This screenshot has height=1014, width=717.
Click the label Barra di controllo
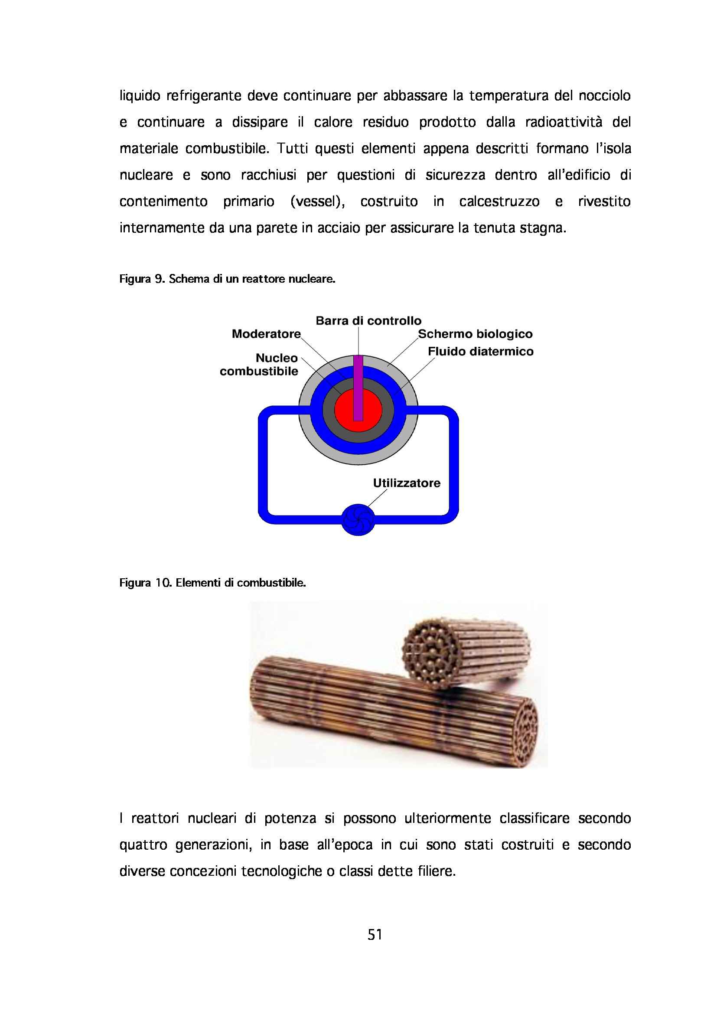pyautogui.click(x=368, y=321)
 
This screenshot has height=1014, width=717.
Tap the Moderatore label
pyautogui.click(x=266, y=334)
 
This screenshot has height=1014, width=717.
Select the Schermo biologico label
pyautogui.click(x=475, y=334)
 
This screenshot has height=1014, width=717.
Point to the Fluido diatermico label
pyautogui.click(x=480, y=352)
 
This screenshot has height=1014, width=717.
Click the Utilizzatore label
pyautogui.click(x=407, y=483)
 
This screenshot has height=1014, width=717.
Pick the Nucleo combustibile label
pyautogui.click(x=259, y=365)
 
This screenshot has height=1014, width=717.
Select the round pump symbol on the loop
pyautogui.click(x=358, y=520)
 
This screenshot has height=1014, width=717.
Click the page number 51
pyautogui.click(x=375, y=935)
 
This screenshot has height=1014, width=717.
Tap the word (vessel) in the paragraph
pyautogui.click(x=317, y=202)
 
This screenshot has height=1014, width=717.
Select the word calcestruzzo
pyautogui.click(x=499, y=202)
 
